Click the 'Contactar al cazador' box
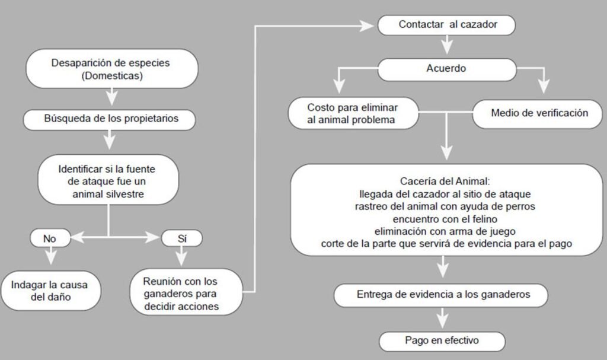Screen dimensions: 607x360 point(446,25)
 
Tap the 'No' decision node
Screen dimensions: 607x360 point(50,238)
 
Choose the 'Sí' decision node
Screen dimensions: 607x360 point(181,238)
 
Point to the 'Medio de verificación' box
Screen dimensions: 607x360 point(537,114)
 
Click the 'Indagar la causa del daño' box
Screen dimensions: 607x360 point(50,291)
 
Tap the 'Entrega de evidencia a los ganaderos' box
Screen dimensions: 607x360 point(440,295)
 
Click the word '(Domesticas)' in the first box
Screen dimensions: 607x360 point(112,75)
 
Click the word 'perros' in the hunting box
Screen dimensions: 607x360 point(519,206)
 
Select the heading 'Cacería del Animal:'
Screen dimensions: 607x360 point(445,181)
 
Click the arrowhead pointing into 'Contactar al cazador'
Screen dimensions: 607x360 point(366,26)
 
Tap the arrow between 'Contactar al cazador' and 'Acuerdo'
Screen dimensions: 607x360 point(447,45)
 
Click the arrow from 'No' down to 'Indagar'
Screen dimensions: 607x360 point(50,256)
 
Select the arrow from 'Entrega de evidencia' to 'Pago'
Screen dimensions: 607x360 point(442,318)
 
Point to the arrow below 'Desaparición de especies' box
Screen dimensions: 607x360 point(111,97)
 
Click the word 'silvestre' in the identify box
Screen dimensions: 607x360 point(124,194)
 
